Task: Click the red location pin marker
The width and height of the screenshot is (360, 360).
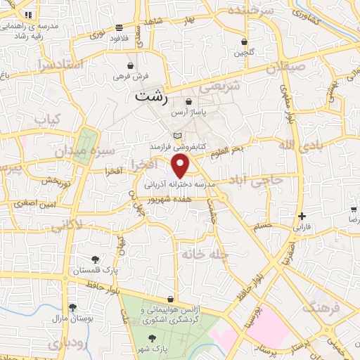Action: coord(181,165)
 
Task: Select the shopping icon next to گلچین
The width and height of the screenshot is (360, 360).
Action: coord(244,41)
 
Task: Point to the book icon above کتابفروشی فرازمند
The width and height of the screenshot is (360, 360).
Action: coord(176,136)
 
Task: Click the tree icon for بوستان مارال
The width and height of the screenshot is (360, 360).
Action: coord(72,307)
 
